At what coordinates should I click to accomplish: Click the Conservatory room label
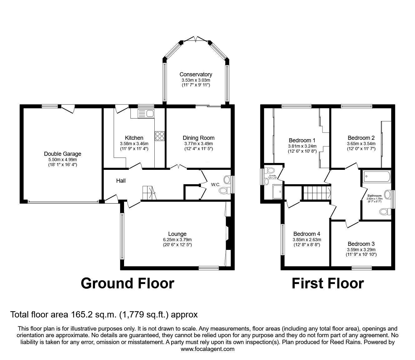point(196,74)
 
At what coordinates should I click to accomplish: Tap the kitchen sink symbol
point(146,114)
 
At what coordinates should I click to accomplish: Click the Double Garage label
point(62,154)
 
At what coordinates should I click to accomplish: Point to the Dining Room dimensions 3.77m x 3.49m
point(198,144)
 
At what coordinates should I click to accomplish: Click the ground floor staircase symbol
point(149,192)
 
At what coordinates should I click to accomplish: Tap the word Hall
point(121,181)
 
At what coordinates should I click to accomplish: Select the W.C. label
point(215,185)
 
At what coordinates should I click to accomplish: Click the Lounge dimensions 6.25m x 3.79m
point(177,240)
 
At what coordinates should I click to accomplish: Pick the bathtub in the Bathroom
point(377,177)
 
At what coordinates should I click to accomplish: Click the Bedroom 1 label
point(302,140)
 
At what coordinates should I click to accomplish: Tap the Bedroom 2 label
point(361,138)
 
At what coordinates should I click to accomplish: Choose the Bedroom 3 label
point(361,244)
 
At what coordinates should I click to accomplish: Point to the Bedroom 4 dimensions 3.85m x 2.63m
point(307,240)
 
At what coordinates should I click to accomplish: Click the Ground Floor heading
point(127,283)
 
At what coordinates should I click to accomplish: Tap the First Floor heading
point(327,283)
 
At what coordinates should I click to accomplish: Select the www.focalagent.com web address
point(207,349)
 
